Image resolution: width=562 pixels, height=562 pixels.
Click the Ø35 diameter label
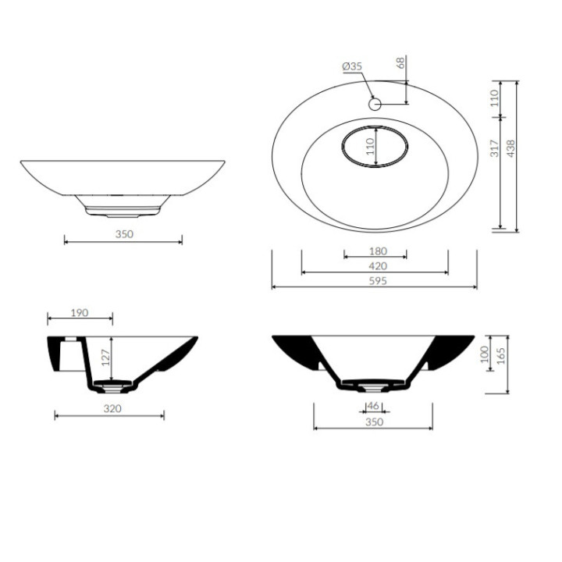pyautogui.click(x=352, y=66)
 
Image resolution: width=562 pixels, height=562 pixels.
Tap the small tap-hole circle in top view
pyautogui.click(x=375, y=105)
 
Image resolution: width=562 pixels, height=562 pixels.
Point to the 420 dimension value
pyautogui.click(x=378, y=266)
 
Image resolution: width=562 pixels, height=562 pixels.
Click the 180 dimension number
pyautogui.click(x=378, y=251)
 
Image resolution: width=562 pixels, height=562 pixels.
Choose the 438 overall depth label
pyautogui.click(x=511, y=148)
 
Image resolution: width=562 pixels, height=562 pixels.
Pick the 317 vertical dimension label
pyautogui.click(x=495, y=148)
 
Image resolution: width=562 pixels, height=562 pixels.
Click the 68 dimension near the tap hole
pyautogui.click(x=400, y=62)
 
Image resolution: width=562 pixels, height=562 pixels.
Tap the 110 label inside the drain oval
pyautogui.click(x=370, y=146)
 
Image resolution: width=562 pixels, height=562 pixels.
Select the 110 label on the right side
pyautogui.click(x=495, y=98)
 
